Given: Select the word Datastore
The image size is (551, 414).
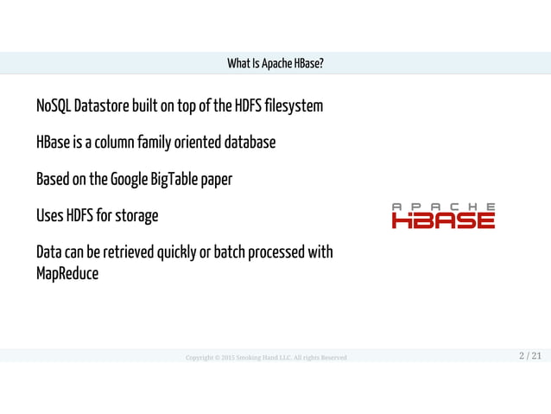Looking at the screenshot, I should (x=102, y=107).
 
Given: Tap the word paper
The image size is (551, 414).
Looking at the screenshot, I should (x=218, y=181).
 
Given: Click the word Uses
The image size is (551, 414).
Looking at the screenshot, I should (x=50, y=216).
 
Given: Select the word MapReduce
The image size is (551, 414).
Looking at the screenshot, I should (x=67, y=274).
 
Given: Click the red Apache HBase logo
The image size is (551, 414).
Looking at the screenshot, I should (x=443, y=216).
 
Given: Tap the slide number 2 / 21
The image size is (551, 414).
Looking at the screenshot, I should (x=530, y=356).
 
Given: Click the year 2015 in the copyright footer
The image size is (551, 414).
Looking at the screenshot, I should (x=228, y=358).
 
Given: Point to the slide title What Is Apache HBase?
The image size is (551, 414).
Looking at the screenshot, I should (x=275, y=64).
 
